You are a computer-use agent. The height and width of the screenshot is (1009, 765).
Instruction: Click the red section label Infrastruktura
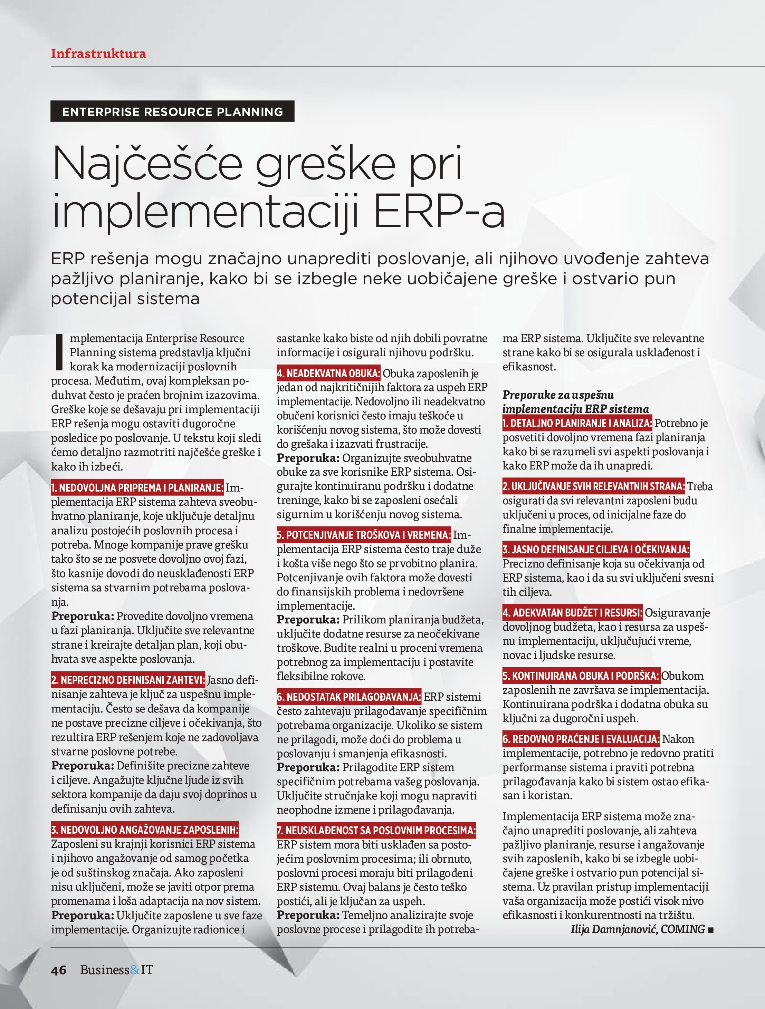pos(98,54)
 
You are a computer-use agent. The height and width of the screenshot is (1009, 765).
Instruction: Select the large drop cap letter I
pos(58,352)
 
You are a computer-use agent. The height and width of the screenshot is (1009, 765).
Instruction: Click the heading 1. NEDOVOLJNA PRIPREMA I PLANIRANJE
pos(137,488)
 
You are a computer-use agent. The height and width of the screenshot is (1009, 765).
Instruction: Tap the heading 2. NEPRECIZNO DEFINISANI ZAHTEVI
pos(128,680)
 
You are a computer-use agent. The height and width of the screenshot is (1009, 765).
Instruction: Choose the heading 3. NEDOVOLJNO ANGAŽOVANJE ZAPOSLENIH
pos(145,829)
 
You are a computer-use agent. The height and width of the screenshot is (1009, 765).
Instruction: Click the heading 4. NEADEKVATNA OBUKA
pos(328,373)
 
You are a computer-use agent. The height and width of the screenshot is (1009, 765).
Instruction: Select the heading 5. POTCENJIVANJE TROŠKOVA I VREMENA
pos(363,535)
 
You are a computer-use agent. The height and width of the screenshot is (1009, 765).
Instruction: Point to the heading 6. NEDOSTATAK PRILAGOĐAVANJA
pos(349,697)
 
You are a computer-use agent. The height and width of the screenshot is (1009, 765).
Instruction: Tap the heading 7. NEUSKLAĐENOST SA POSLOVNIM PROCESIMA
pos(376,830)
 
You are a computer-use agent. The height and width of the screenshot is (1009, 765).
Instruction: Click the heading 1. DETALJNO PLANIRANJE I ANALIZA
pos(577,423)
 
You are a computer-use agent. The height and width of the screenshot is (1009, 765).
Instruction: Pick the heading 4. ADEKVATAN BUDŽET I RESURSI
pos(572,613)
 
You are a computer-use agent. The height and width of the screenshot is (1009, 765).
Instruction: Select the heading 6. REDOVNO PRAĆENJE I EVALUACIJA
pos(581,739)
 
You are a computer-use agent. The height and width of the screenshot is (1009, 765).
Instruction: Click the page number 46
pos(58,970)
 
